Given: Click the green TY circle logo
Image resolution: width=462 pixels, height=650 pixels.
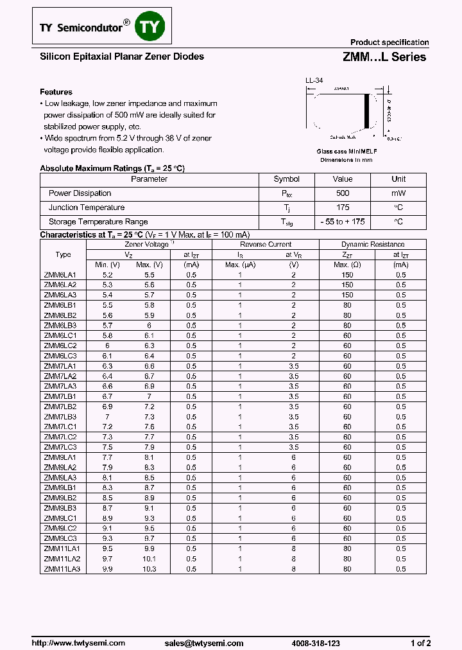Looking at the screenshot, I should pos(152,27).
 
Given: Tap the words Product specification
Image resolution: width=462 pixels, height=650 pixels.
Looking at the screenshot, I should pos(389,42).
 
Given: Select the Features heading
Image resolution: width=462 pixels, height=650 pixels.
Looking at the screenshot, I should pos(56,92).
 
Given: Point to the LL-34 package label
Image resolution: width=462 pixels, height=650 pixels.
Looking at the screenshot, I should pos(314,80).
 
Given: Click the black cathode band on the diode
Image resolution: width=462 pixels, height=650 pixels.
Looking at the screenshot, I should pos(368,111).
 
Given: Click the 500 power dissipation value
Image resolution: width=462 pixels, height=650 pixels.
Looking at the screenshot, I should pos(343,193).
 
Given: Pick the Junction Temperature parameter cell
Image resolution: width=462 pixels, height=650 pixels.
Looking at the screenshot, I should pos(87,207).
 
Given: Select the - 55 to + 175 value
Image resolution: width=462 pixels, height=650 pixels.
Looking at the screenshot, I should pos(343,222).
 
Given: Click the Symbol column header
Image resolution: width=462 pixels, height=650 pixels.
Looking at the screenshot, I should pos(286,179).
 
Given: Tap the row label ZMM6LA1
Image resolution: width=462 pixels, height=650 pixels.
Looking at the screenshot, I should pos(60,274).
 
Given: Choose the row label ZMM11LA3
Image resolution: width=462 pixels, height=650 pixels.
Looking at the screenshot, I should pos(62,569).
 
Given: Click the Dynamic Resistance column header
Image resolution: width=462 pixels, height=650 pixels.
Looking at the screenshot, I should pos(373,244).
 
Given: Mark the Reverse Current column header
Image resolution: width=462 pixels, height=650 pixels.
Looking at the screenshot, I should pos(266,244).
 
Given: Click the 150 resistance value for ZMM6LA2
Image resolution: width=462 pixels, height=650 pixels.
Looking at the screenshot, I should pos(347,285).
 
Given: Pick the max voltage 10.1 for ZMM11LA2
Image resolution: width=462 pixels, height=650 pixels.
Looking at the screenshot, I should pos(148,559).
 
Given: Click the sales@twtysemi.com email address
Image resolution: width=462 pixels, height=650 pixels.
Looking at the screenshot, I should pos(203,643).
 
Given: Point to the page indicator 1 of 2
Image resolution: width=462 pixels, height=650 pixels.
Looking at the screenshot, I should pos(420,643).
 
